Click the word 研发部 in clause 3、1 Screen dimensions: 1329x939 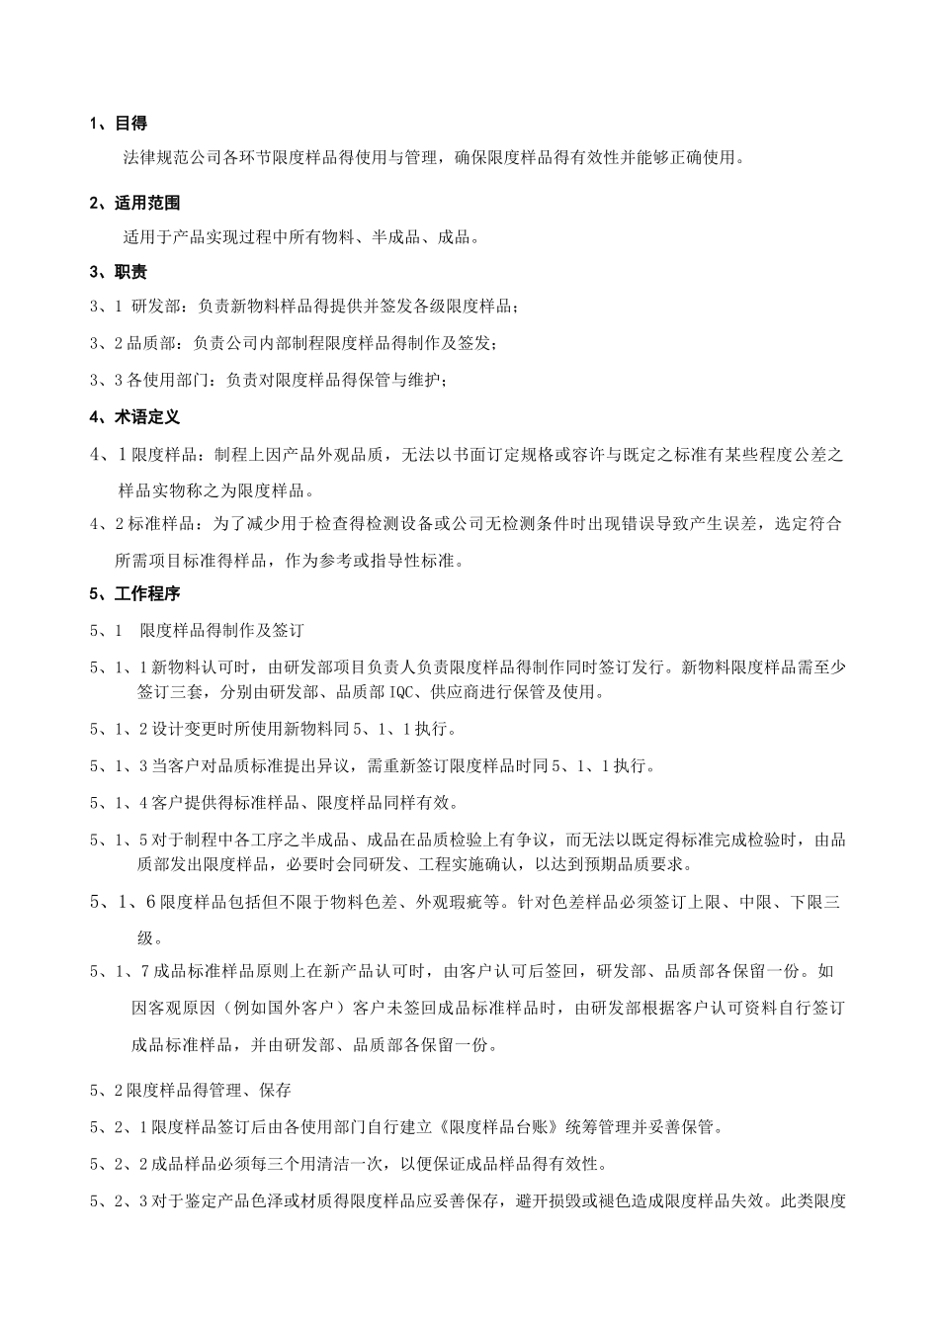click(156, 308)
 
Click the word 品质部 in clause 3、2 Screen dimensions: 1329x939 click(157, 343)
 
